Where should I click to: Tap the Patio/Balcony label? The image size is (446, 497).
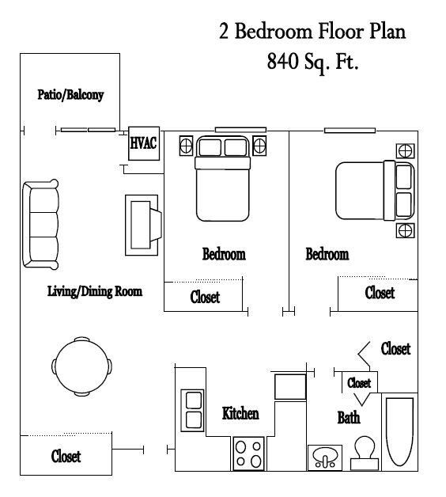(x=70, y=95)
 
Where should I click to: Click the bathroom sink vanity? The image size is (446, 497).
(x=324, y=457)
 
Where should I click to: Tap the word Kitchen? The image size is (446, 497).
(x=240, y=413)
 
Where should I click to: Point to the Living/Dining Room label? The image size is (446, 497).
(x=94, y=291)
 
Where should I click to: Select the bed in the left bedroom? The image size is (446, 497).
(x=223, y=177)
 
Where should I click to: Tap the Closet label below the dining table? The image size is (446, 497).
(x=66, y=457)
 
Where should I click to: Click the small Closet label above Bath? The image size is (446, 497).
(x=359, y=382)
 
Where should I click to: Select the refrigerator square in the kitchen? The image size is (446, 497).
(x=289, y=386)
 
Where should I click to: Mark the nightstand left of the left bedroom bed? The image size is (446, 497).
(x=187, y=146)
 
